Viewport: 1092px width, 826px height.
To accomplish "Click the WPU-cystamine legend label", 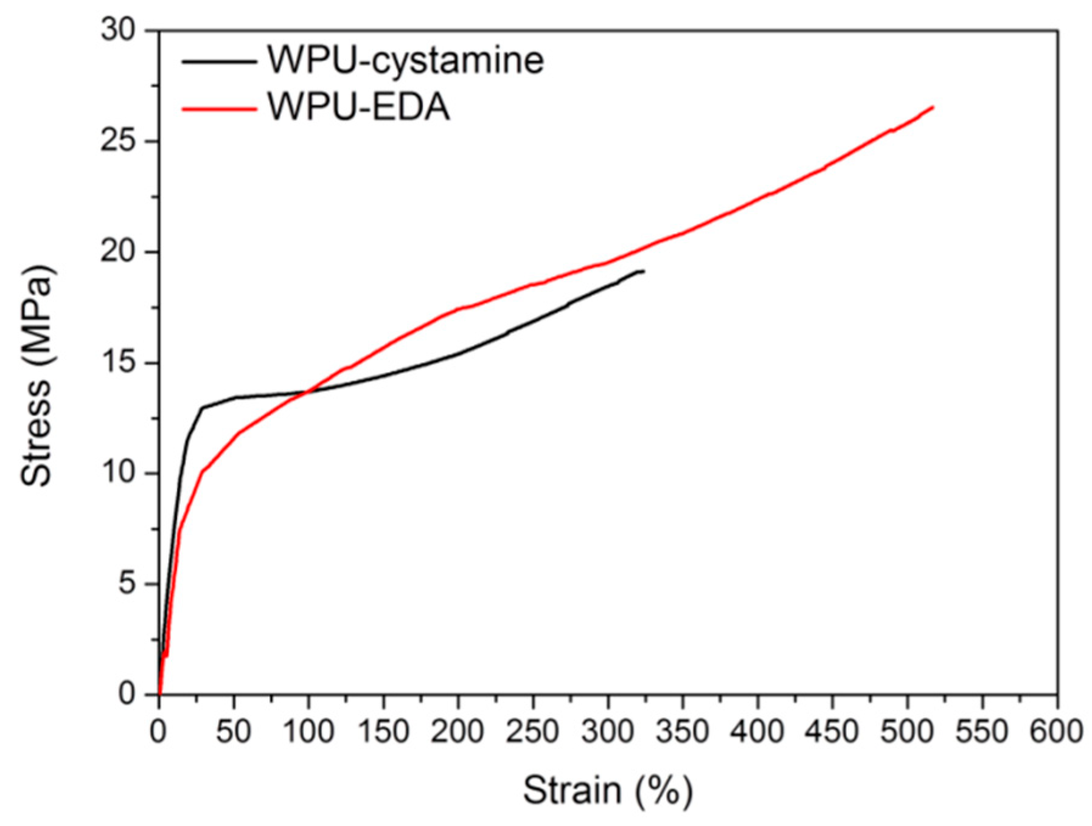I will [x=405, y=60].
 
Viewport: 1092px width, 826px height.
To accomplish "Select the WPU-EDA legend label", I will [x=359, y=108].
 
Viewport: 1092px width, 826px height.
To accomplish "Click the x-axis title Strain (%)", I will [x=607, y=791].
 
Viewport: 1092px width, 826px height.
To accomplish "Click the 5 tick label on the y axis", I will [x=127, y=583].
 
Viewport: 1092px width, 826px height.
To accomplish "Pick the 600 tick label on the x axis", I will [x=1056, y=731].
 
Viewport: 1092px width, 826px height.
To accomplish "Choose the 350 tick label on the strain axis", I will [x=682, y=731].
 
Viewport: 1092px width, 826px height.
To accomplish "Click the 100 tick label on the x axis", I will [x=308, y=731].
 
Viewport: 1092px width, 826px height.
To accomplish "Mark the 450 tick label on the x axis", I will [x=832, y=731].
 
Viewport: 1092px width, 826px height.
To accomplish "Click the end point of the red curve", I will [x=933, y=107].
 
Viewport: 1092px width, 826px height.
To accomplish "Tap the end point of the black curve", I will [x=643, y=271].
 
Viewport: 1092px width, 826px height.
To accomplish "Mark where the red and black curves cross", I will [x=306, y=391].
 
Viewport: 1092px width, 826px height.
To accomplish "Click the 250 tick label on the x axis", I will [x=532, y=731].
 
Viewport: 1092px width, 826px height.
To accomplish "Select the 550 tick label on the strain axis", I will [x=981, y=731].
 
